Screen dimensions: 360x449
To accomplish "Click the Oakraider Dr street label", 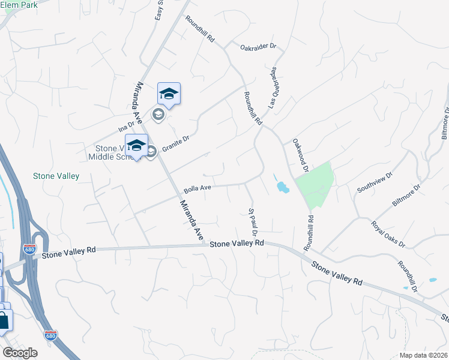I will click(257, 46).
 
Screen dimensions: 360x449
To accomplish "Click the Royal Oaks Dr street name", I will click(388, 235).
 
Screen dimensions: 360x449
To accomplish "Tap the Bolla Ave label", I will click(197, 188).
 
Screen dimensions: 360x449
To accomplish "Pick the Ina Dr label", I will click(124, 126).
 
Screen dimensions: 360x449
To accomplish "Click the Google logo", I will click(20, 353).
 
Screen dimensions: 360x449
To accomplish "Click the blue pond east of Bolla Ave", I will click(282, 188).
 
